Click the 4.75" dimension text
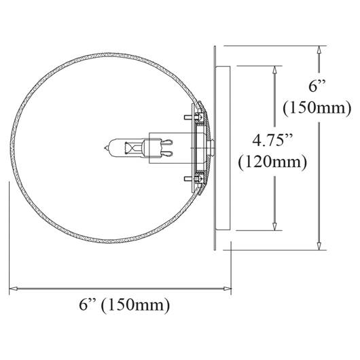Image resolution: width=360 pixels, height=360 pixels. click(272, 140)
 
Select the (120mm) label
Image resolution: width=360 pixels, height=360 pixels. click(272, 162)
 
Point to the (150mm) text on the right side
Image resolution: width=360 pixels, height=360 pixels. click(317, 108)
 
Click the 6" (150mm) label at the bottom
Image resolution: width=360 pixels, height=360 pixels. click(124, 305)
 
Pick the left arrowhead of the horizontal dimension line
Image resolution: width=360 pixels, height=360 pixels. click(14, 289)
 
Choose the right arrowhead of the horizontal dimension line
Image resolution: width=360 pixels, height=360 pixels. click(228, 289)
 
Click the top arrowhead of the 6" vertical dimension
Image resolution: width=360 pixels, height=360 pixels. click(319, 50)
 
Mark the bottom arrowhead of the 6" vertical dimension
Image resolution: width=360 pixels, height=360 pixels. click(319, 246)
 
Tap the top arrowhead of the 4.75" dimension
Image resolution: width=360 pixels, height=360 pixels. click(274, 70)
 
